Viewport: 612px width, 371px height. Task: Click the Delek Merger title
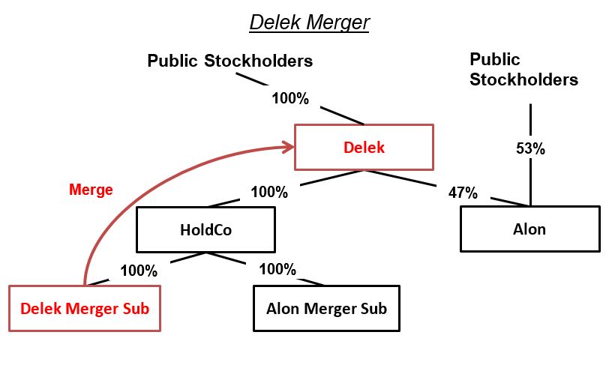coord(309,22)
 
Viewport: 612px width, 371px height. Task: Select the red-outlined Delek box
coord(364,147)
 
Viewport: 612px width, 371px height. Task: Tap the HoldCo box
coord(205,229)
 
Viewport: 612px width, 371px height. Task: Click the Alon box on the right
coord(530,229)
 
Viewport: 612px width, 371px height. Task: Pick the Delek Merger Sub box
coord(85,308)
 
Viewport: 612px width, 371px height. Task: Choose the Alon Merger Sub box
coord(326,308)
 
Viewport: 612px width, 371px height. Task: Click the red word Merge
coord(91,190)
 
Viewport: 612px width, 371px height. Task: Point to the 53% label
coord(530,148)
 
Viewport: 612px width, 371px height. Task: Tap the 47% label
coord(463,193)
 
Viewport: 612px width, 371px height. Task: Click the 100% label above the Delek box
coord(290,99)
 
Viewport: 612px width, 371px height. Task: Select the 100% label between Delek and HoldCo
coord(269,192)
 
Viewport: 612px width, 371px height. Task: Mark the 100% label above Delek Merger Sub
coord(139,271)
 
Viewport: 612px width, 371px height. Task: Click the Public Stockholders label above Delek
coord(229,61)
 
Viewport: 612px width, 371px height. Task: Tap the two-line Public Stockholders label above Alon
coord(523,69)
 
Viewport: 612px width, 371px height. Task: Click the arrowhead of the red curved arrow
coord(288,148)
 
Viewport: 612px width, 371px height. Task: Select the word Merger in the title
coord(337,22)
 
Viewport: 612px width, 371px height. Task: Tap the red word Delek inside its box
coord(364,148)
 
